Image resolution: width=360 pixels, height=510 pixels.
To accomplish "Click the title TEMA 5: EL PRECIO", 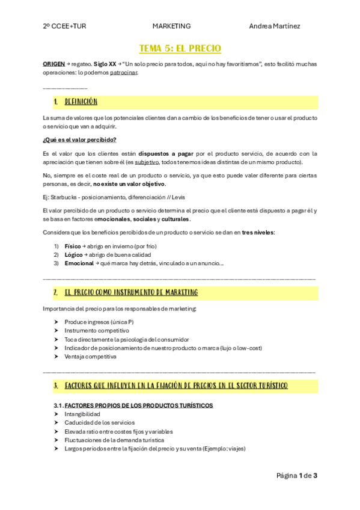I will point(180,48).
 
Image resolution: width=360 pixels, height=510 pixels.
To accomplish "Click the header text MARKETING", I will point(171,26).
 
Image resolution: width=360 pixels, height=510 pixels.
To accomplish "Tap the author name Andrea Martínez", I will point(274,26).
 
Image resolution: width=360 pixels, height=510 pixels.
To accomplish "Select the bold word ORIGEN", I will point(54,63).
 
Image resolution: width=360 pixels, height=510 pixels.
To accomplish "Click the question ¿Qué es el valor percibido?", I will point(79,140).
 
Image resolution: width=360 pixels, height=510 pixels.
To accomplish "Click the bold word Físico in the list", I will point(73,246).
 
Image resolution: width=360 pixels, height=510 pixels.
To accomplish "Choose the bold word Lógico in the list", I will point(73,254).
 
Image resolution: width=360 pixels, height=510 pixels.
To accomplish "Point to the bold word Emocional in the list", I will point(79,263).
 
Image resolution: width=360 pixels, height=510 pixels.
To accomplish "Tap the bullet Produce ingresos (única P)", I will point(99,322).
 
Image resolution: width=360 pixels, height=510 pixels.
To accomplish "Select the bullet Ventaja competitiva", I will point(90,356).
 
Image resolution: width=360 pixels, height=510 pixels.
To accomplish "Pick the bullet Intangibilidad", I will point(82,414).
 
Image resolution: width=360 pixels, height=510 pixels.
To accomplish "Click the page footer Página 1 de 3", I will point(296,476).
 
